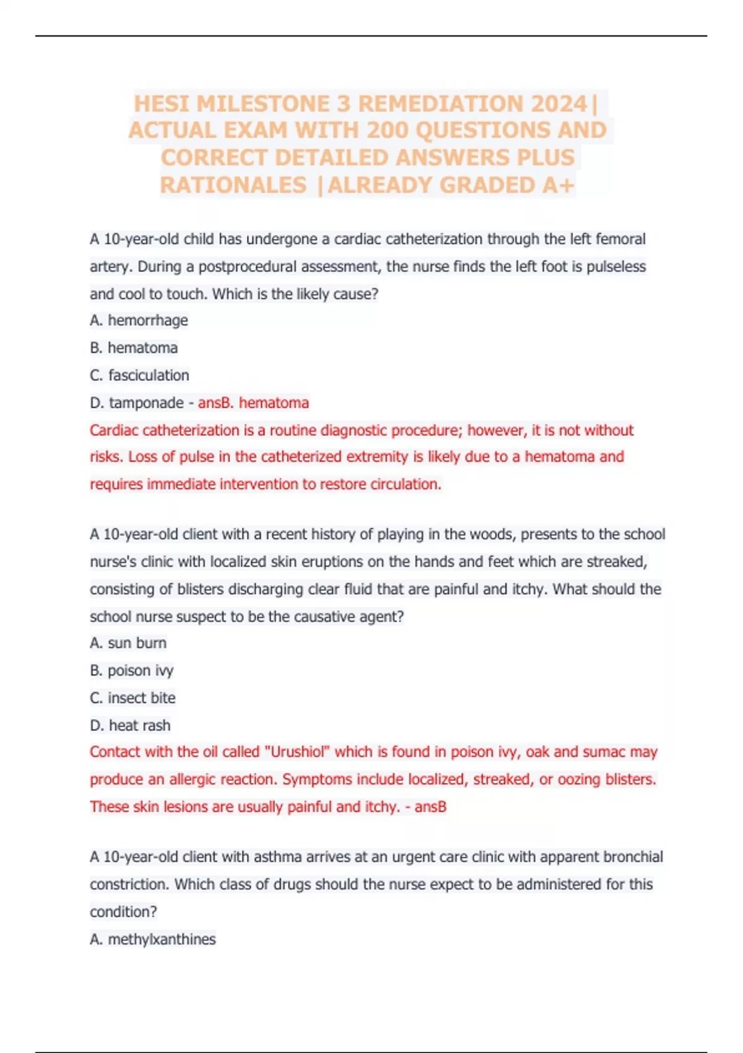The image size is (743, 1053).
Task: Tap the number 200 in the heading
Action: [388, 130]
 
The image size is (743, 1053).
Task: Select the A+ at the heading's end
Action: [558, 185]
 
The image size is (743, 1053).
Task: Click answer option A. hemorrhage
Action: [139, 320]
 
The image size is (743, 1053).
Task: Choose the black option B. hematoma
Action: [134, 347]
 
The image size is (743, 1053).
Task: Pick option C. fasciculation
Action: [139, 375]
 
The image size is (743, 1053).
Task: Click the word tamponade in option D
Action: [146, 403]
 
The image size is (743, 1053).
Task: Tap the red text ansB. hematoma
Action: [253, 403]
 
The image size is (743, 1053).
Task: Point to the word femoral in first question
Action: [620, 239]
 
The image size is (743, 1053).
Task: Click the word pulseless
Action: [616, 266]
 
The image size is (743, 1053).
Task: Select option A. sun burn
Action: [128, 643]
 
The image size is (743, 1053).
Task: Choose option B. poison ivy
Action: [132, 670]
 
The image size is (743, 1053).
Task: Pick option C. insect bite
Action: [133, 697]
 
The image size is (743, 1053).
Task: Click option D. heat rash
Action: [130, 725]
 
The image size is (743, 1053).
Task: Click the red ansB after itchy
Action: [430, 806]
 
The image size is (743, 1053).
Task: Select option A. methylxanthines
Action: [153, 939]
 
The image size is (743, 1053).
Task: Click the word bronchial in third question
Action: [632, 857]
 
